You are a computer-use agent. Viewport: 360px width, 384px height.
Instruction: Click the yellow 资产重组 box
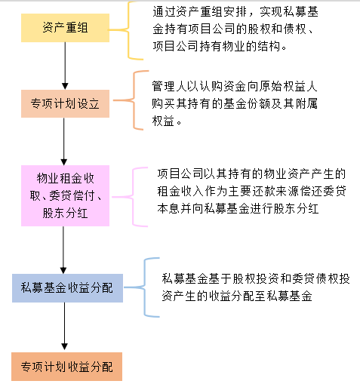pos(65,28)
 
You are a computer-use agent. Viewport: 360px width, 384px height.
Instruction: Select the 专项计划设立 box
pos(65,103)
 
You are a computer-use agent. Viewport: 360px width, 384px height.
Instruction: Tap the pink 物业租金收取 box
pos(65,195)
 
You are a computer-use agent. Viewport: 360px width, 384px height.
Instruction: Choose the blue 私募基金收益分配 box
pos(67,288)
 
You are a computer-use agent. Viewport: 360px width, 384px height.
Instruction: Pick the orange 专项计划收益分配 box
pos(66,367)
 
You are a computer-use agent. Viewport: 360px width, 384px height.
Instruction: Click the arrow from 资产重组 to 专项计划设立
pos(65,66)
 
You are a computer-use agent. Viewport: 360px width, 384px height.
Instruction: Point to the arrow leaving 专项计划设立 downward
pos(64,141)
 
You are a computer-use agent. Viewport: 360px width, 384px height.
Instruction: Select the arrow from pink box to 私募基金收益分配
pos(63,250)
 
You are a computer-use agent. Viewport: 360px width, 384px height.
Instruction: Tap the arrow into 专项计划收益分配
pos(65,326)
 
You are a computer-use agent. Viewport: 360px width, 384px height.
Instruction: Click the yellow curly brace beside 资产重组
pos(128,30)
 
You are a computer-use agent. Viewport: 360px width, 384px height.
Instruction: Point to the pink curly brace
pos(133,197)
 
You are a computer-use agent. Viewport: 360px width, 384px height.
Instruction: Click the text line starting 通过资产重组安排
pos(235,11)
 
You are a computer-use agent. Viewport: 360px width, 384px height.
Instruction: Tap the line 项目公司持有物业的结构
pos(220,46)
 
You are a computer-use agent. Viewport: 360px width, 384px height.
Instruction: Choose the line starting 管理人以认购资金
pos(235,86)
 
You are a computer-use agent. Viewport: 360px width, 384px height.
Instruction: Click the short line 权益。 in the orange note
pos(167,121)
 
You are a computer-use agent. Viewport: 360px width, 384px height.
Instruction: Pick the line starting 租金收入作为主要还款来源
pos(251,191)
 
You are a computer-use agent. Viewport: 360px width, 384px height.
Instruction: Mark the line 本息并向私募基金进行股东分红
pos(238,208)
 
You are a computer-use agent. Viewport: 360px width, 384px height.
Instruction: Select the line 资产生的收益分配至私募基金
pos(237,296)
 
